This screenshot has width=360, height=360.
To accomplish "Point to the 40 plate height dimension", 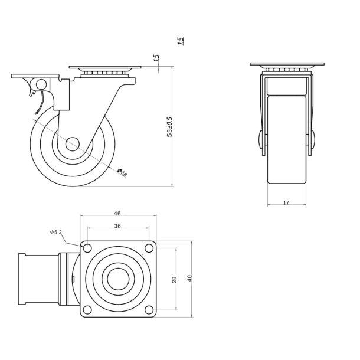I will (189, 279).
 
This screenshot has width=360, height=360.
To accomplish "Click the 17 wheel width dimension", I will (286, 203).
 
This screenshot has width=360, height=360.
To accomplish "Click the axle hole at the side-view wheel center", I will (73, 143).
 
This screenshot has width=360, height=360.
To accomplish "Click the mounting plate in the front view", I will (286, 64).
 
